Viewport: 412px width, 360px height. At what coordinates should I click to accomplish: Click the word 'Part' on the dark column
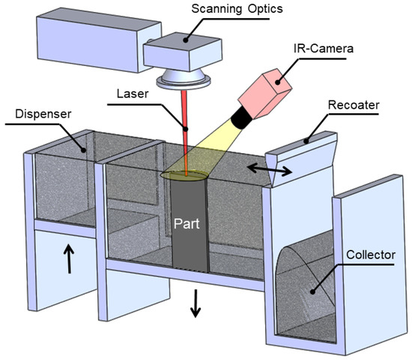click(188, 223)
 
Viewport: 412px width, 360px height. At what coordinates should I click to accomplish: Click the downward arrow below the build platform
click(196, 303)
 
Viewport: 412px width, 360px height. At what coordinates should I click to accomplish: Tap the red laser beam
click(184, 131)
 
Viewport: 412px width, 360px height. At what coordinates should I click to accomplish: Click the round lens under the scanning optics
click(179, 77)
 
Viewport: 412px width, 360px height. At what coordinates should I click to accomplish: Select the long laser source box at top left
click(82, 40)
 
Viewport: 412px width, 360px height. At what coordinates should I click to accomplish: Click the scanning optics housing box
click(181, 52)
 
